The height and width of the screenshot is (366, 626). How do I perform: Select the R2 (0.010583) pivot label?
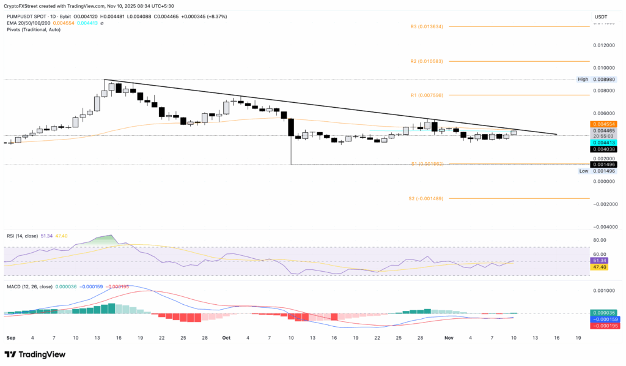click(426, 61)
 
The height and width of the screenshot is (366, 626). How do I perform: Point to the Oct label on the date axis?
click(226, 337)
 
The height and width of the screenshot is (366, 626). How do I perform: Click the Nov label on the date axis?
click(449, 337)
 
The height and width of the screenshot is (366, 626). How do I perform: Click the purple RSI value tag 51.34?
click(598, 260)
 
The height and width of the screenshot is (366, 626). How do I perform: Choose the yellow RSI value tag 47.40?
click(598, 267)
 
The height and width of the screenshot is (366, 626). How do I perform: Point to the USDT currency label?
click(602, 17)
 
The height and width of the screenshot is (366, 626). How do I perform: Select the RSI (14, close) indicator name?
click(23, 234)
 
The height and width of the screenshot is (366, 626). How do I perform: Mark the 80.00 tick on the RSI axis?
click(599, 241)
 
